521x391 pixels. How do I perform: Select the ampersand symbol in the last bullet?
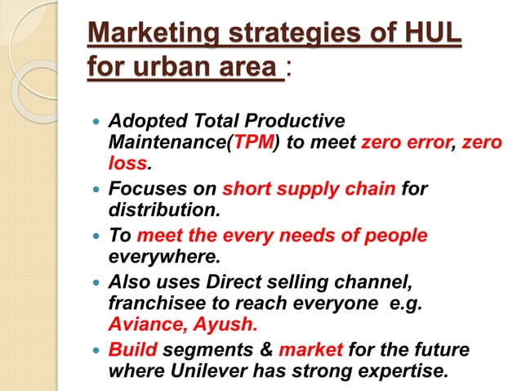(262, 351)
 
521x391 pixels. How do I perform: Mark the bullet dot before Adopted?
(97, 122)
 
